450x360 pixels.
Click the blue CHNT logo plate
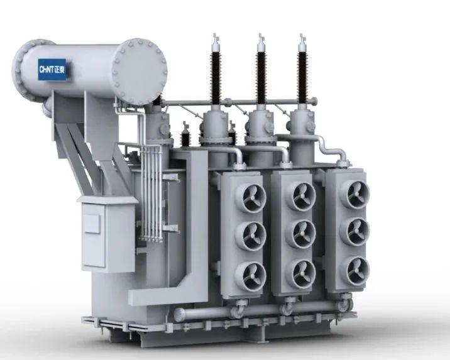52,69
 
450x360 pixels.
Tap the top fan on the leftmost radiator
251,197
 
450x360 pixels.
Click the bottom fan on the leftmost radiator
251,276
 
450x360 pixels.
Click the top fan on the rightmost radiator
354,194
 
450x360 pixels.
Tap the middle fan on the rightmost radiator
354,232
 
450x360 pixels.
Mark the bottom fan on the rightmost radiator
354,271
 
